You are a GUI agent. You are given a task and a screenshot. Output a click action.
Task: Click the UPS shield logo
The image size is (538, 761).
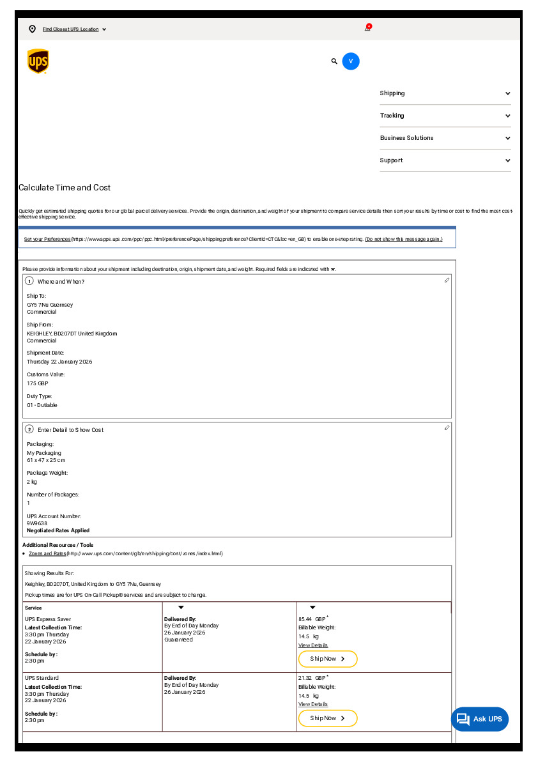tap(38, 61)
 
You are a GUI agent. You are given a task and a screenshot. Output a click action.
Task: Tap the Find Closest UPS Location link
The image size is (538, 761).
tap(70, 29)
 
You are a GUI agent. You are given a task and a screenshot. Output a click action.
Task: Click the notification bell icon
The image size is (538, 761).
tap(367, 28)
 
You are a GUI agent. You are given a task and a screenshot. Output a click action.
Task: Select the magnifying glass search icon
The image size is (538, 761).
tap(334, 61)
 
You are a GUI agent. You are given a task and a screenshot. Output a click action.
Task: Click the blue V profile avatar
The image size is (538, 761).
tap(351, 61)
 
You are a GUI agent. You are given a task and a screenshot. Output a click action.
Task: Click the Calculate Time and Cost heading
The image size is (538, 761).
tap(65, 188)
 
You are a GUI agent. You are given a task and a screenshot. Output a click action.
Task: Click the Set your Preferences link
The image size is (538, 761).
tap(47, 239)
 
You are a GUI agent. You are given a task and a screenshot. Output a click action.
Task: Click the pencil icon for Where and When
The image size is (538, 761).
tap(447, 281)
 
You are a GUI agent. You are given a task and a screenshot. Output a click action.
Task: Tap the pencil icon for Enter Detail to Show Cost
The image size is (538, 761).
tap(447, 428)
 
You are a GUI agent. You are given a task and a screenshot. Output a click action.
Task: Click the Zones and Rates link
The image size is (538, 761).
tap(47, 553)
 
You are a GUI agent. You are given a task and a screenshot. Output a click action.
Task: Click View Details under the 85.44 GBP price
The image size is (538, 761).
tap(313, 645)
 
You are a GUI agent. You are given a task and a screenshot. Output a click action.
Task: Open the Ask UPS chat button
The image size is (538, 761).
tap(480, 719)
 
